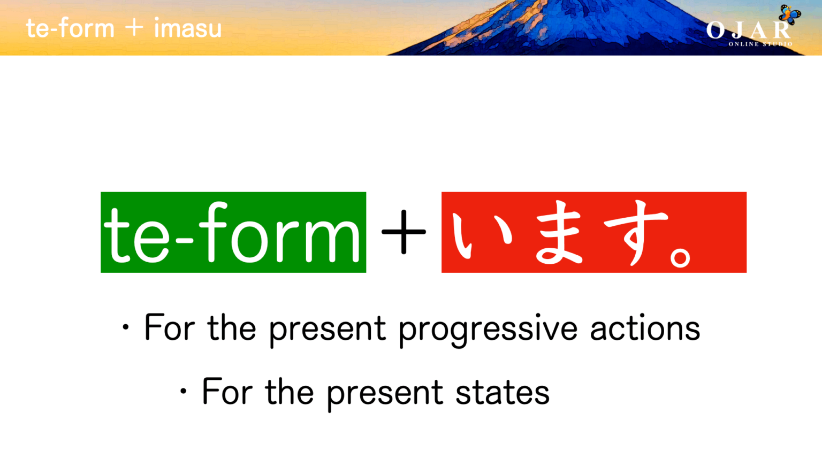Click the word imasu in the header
tap(187, 28)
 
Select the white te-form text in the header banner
tap(70, 28)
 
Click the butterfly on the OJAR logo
tap(789, 14)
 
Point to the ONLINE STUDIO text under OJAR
tap(760, 44)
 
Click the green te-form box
tap(233, 232)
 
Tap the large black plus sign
tap(404, 232)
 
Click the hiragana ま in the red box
tap(558, 233)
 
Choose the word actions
tap(645, 328)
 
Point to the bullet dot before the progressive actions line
tap(126, 327)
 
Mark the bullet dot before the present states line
tap(184, 391)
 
